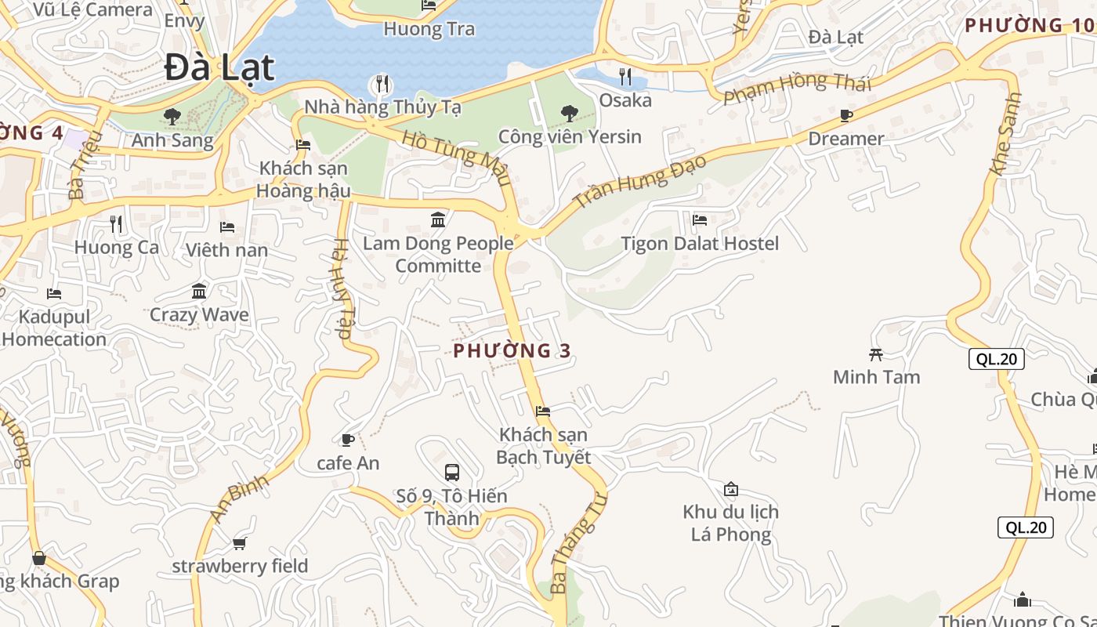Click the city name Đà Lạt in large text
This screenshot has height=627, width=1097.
220,67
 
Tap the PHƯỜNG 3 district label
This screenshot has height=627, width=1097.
512,350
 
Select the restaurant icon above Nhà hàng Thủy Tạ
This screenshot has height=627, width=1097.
382,83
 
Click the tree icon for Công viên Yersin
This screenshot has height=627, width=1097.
570,114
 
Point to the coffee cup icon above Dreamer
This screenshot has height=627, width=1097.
846,116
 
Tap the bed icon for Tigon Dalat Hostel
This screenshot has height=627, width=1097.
700,220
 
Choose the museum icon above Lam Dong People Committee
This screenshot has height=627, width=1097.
438,219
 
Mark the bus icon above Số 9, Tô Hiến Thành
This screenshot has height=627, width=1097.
452,473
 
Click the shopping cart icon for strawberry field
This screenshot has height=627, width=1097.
240,543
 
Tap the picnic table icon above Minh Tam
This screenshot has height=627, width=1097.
876,354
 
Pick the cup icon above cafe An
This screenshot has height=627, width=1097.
348,440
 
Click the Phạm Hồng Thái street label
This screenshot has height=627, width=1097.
796,87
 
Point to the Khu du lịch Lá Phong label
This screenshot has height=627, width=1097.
730,523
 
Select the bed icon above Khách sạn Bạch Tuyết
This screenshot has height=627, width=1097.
543,411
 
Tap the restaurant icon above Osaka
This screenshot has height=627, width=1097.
625,77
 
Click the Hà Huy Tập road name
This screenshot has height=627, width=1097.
342,288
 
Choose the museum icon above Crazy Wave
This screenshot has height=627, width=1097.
199,292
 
